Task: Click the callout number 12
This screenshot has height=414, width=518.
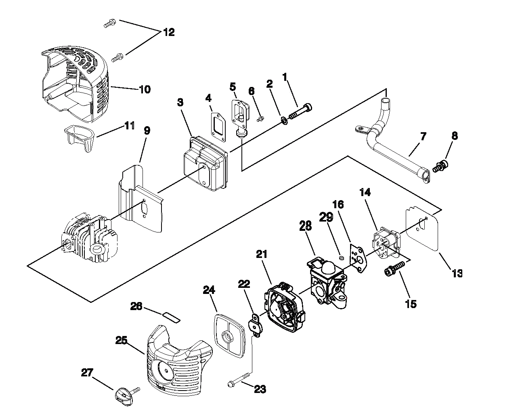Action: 169,32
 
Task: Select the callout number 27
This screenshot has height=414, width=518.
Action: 87,373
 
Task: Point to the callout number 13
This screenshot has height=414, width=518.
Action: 457,273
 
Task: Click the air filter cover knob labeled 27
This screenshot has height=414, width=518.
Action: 126,395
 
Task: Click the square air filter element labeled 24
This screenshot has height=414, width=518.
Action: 229,336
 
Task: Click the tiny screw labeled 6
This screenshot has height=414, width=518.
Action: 260,118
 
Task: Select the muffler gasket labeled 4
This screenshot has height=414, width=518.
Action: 219,127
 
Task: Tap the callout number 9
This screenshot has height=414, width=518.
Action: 147,131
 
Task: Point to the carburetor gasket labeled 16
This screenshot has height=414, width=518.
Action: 358,258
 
